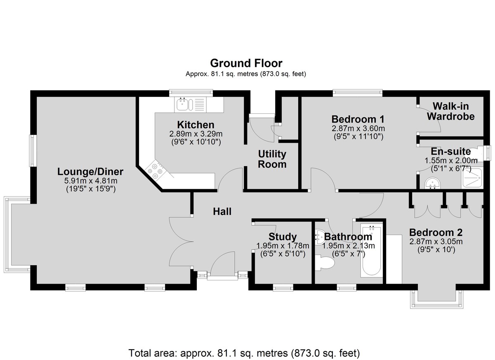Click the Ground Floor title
(x=246, y=63)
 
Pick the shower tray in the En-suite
(x=472, y=178)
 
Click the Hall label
(x=222, y=212)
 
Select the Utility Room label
(x=272, y=159)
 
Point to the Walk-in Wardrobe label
(x=450, y=111)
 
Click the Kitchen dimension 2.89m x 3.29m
(x=196, y=134)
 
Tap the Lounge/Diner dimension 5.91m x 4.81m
(x=91, y=181)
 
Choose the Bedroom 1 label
(x=358, y=119)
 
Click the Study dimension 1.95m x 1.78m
(x=283, y=245)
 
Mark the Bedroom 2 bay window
(x=437, y=299)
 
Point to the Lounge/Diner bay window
(x=17, y=235)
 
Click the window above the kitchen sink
(x=191, y=93)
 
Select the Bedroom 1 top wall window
(x=358, y=93)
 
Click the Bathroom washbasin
(x=319, y=238)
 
